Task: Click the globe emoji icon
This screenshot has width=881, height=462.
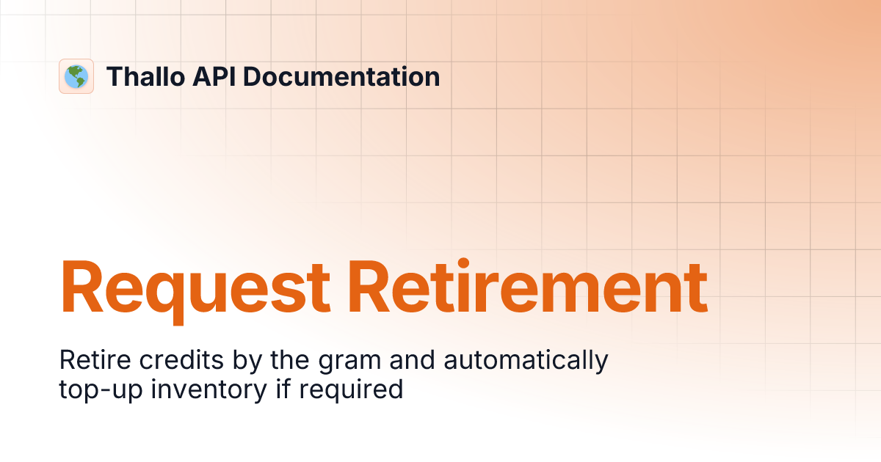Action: click(x=76, y=76)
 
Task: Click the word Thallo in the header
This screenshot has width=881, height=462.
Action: click(x=145, y=76)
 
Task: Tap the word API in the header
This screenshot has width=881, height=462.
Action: click(x=214, y=76)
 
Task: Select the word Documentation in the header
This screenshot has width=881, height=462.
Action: click(x=341, y=76)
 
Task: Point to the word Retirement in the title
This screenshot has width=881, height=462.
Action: click(x=528, y=287)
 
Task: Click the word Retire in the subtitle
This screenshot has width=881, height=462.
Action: click(x=95, y=359)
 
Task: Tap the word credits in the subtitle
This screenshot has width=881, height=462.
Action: click(x=181, y=359)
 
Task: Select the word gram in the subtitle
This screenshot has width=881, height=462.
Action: click(x=349, y=362)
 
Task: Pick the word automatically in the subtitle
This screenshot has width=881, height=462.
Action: click(x=526, y=361)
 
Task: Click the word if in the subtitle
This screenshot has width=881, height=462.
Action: click(x=283, y=389)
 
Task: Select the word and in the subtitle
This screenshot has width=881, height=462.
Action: click(x=412, y=359)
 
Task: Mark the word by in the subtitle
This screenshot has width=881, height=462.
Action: click(x=247, y=361)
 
